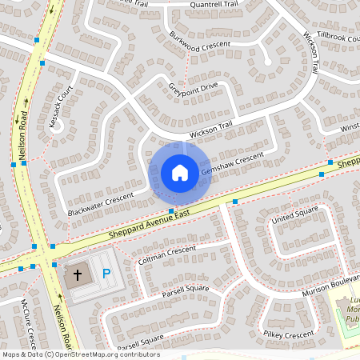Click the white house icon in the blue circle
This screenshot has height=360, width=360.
click(x=180, y=172)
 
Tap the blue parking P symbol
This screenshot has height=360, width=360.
click(x=106, y=274)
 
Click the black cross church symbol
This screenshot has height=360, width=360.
click(x=78, y=274)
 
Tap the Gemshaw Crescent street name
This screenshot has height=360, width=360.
click(x=232, y=164)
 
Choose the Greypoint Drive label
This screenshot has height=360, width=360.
click(x=193, y=87)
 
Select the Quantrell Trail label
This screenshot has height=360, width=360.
click(x=214, y=4)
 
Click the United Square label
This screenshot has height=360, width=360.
click(x=294, y=218)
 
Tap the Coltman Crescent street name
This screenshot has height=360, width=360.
click(x=167, y=255)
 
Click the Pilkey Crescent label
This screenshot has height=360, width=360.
click(x=290, y=335)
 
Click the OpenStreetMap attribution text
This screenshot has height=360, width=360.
click(x=81, y=354)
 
